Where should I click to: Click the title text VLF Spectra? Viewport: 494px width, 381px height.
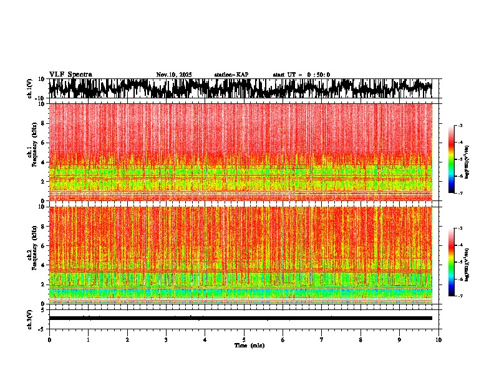[70, 75]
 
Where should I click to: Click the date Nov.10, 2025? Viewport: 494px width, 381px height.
[174, 75]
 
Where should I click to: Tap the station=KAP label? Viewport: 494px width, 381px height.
[231, 75]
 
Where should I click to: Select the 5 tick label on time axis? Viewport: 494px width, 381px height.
[244, 340]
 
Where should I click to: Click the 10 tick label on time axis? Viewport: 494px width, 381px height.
[439, 340]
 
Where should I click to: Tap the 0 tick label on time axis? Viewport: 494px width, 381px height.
[49, 340]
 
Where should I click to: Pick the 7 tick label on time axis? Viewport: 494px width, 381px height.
[322, 340]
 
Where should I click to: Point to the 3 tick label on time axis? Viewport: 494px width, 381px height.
[166, 340]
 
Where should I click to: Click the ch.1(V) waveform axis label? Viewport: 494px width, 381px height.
[30, 89]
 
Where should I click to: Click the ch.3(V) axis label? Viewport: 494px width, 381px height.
[30, 318]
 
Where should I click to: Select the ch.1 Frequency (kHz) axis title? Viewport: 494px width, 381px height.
[32, 152]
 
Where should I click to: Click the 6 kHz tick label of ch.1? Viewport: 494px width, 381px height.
[44, 143]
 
